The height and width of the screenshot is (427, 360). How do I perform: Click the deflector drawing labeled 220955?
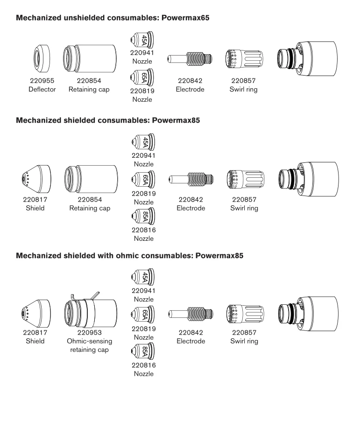pyautogui.click(x=42, y=58)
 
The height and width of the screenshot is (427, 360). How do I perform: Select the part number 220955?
pyautogui.click(x=42, y=81)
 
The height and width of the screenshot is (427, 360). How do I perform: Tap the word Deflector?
pyautogui.click(x=42, y=89)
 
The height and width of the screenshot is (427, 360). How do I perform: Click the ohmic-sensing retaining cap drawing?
pyautogui.click(x=91, y=311)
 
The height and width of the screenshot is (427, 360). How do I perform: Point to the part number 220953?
pyautogui.click(x=89, y=333)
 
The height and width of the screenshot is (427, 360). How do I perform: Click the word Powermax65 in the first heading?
pyautogui.click(x=185, y=18)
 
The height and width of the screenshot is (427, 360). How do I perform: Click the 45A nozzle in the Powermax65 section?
pyautogui.click(x=142, y=40)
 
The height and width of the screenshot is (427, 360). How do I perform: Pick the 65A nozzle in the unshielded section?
pyautogui.click(x=142, y=77)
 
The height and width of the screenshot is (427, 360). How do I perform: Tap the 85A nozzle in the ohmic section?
pyautogui.click(x=143, y=351)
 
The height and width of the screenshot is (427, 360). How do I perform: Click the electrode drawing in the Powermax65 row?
pyautogui.click(x=190, y=58)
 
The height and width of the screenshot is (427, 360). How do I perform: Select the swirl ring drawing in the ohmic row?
pyautogui.click(x=245, y=314)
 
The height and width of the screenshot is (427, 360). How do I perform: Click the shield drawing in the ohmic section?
pyautogui.click(x=35, y=314)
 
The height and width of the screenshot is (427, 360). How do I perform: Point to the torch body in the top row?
pyautogui.click(x=307, y=58)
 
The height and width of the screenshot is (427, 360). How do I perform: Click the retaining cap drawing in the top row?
pyautogui.click(x=90, y=58)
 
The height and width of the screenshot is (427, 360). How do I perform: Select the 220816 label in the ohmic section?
pyautogui.click(x=144, y=365)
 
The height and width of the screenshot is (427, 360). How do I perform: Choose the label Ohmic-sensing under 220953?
pyautogui.click(x=89, y=341)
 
